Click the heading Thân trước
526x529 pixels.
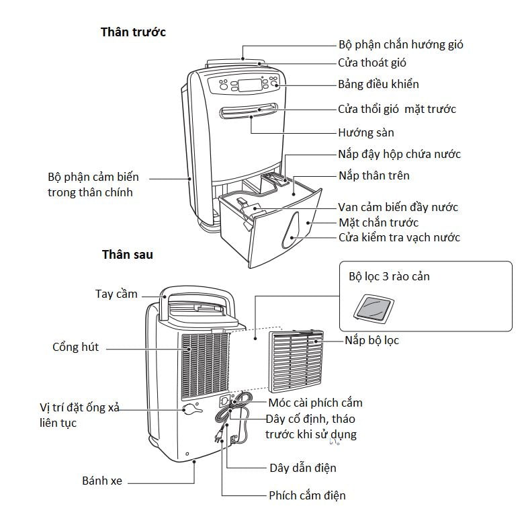point(133,32)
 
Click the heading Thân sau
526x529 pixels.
point(127,255)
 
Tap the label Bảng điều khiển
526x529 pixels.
point(378,84)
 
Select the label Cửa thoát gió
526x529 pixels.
point(371,63)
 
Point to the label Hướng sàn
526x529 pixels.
point(365,132)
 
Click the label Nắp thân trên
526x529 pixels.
point(374,176)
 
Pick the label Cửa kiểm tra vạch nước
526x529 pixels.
point(398,237)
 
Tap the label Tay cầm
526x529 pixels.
point(116,294)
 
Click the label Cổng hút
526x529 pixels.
point(75,347)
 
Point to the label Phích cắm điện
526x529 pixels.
point(307,495)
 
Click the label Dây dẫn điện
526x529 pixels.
point(302,467)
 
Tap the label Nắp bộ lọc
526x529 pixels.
point(371,341)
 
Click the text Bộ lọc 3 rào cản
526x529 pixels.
point(389,276)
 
